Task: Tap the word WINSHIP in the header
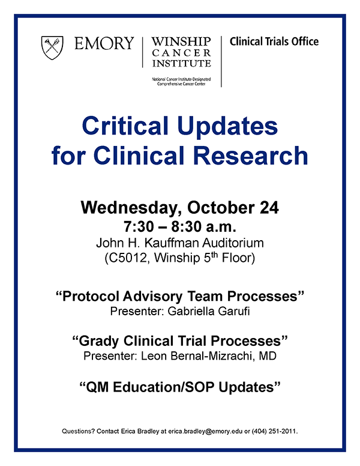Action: pos(181,41)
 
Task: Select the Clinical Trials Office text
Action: pos(274,41)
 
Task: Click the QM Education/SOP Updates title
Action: pos(180,386)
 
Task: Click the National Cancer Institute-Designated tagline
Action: pos(181,78)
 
